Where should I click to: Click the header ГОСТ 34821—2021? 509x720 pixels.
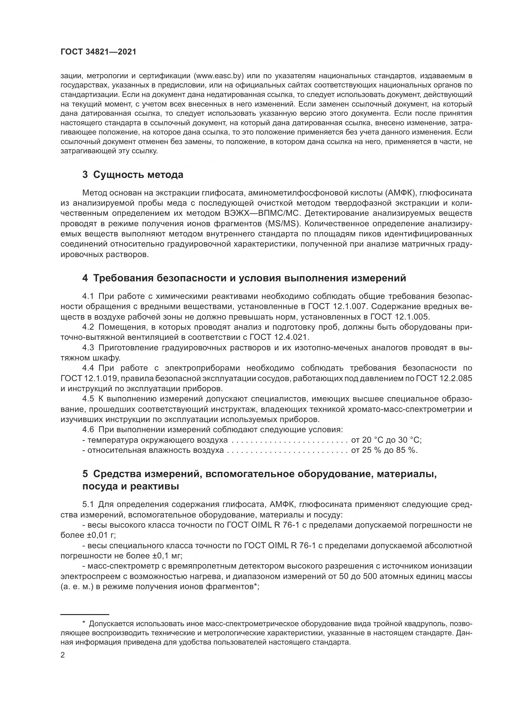click(98, 52)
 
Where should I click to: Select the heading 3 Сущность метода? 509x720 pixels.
click(133, 175)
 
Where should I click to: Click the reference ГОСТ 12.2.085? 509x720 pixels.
click(444, 379)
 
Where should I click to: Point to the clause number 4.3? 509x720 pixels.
click(88, 348)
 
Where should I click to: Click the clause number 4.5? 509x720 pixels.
click(88, 399)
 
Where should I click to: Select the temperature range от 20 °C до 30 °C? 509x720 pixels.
click(386, 440)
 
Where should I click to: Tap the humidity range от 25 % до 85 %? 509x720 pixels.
click(384, 450)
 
